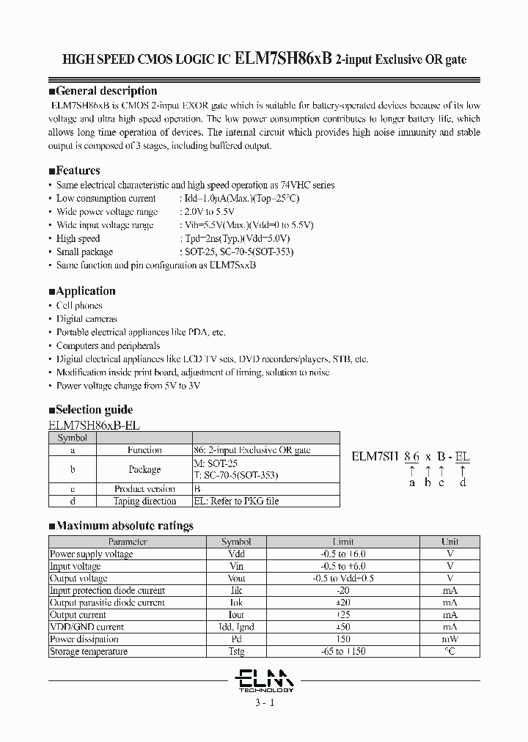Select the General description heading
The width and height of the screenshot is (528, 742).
[106, 91]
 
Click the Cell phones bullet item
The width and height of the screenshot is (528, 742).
[79, 306]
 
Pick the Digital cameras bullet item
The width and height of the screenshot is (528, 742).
[87, 319]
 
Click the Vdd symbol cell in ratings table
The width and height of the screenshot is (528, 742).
[236, 554]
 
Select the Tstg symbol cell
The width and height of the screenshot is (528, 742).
[236, 651]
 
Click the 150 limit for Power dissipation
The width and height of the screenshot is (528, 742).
[343, 639]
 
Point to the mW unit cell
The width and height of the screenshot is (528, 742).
[450, 639]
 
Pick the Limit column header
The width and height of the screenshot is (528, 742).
[343, 542]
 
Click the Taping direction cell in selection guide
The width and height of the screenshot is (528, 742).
[144, 502]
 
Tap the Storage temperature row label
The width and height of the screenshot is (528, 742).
[88, 651]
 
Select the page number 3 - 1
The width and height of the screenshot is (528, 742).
[264, 702]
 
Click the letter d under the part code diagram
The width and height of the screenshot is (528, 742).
[462, 482]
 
